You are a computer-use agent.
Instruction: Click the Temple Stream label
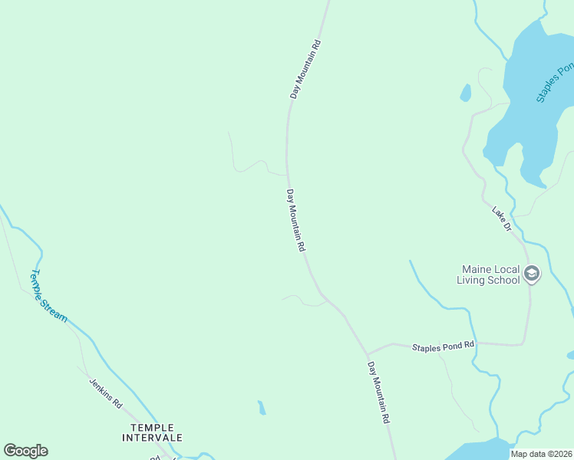[x=48, y=296]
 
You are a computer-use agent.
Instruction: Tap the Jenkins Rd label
[x=105, y=391]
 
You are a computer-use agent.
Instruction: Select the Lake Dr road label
[x=502, y=218]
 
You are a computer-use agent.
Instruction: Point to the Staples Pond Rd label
[x=444, y=347]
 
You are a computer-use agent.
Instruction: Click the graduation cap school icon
[x=532, y=274]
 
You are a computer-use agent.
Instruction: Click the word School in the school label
[x=504, y=281]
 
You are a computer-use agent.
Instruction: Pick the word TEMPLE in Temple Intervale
[x=152, y=427]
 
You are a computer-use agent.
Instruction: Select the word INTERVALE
[x=152, y=438]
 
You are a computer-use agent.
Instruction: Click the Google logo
[x=25, y=451]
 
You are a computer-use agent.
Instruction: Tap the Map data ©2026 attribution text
[x=542, y=454]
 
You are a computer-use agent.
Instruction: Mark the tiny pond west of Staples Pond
[x=465, y=93]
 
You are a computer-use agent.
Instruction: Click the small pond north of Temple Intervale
[x=262, y=407]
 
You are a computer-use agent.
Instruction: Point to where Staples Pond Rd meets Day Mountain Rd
[x=368, y=353]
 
